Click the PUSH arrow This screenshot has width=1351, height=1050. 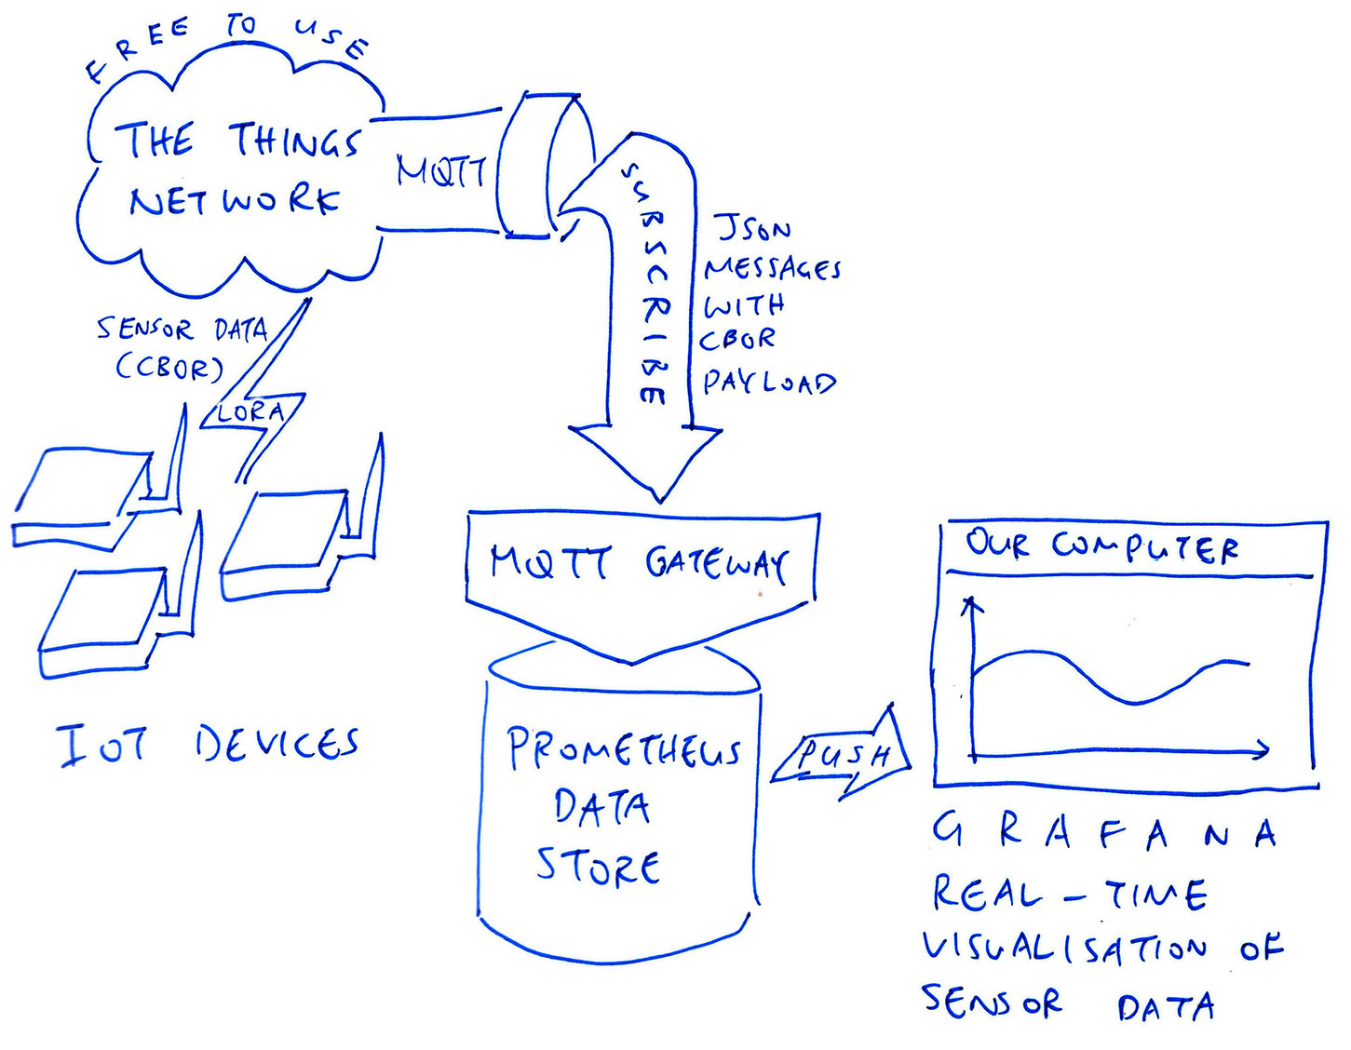pyautogui.click(x=843, y=755)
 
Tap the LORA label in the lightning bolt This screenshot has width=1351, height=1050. pyautogui.click(x=250, y=412)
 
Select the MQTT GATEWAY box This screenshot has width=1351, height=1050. pyautogui.click(x=641, y=561)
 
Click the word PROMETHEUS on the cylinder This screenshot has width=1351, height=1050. pyautogui.click(x=623, y=749)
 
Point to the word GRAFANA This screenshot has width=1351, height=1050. pyautogui.click(x=1103, y=831)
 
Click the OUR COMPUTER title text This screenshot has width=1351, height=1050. pyautogui.click(x=1101, y=545)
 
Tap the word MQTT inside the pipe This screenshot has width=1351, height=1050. pyautogui.click(x=440, y=171)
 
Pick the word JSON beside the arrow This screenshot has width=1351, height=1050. pyautogui.click(x=753, y=227)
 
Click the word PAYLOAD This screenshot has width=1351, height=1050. pyautogui.click(x=769, y=383)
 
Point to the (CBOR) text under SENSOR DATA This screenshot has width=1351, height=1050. pyautogui.click(x=170, y=368)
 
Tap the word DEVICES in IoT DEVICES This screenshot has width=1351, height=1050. pyautogui.click(x=277, y=745)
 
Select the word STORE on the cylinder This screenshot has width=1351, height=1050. pyautogui.click(x=598, y=867)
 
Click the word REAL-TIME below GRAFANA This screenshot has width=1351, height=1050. pyautogui.click(x=1070, y=895)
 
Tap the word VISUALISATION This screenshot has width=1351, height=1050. pyautogui.click(x=1065, y=949)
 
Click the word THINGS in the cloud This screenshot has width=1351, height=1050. pyautogui.click(x=294, y=141)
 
